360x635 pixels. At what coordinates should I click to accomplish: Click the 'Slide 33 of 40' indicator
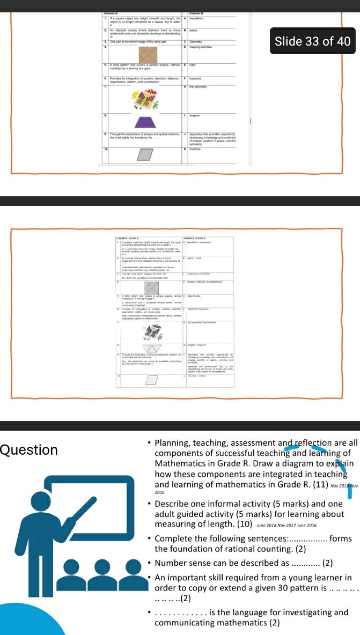312,41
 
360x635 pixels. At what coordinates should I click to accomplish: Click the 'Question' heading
29,449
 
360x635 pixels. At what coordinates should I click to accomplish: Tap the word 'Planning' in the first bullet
171,443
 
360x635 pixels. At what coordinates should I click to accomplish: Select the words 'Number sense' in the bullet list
180,563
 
